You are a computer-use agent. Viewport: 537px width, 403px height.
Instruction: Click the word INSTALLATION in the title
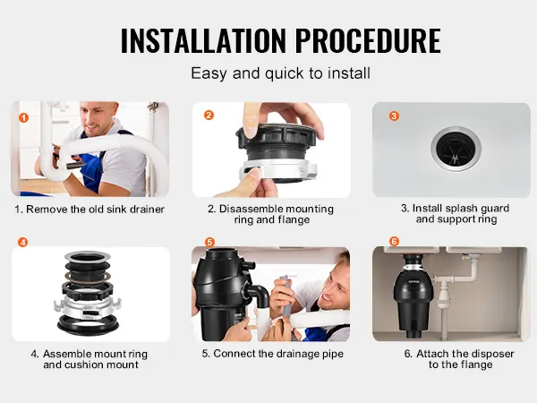pyautogui.click(x=203, y=40)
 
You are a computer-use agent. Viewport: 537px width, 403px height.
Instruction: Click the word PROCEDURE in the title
pyautogui.click(x=368, y=40)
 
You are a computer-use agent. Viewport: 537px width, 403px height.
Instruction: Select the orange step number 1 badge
pyautogui.click(x=23, y=118)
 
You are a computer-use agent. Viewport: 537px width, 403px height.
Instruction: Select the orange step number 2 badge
pyautogui.click(x=209, y=116)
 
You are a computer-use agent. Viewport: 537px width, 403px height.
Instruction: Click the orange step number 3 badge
pyautogui.click(x=394, y=116)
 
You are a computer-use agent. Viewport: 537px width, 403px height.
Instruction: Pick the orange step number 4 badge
pyautogui.click(x=22, y=243)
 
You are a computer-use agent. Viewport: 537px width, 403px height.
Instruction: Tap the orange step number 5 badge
pyautogui.click(x=209, y=243)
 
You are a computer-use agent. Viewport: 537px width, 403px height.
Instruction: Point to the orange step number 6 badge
pyautogui.click(x=394, y=241)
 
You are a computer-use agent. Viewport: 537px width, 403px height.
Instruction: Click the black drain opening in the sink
pyautogui.click(x=456, y=149)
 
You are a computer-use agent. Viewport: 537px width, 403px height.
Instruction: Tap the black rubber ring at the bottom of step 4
pyautogui.click(x=88, y=325)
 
